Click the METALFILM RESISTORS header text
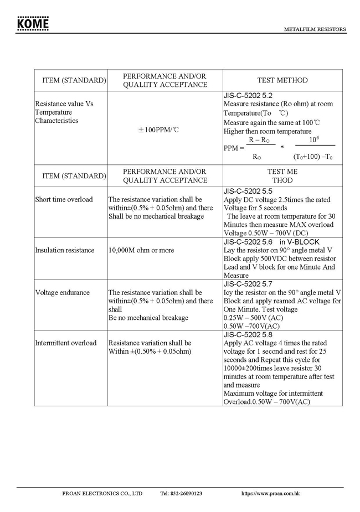(315, 29)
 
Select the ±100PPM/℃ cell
(159, 130)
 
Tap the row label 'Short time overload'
(64, 199)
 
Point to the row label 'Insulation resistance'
(65, 250)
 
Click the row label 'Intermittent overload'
(65, 343)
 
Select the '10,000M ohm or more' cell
(141, 250)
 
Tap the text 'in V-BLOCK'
(300, 242)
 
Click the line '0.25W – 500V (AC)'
(253, 318)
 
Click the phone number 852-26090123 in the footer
(181, 493)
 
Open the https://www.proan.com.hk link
(271, 493)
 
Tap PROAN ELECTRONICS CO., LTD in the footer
(102, 493)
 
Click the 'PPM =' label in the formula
(234, 148)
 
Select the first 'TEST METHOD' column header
(282, 80)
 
